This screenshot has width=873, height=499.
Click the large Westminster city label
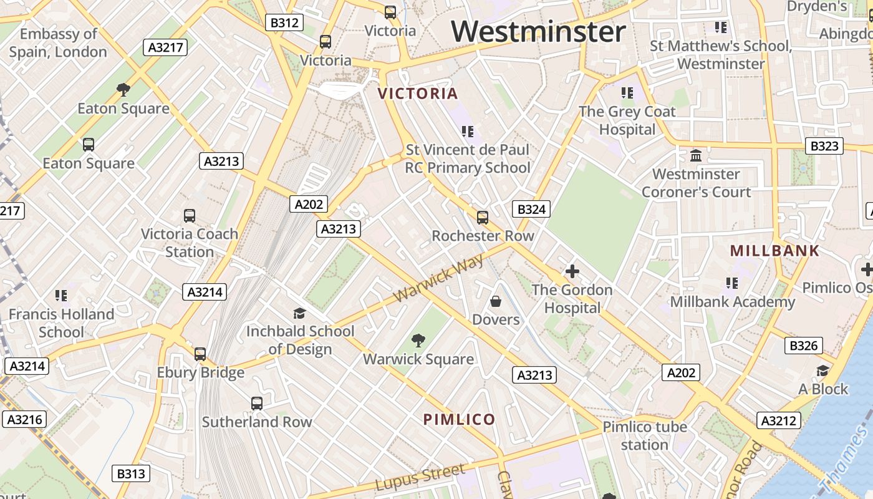coord(539,31)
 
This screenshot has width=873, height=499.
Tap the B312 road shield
coord(284,23)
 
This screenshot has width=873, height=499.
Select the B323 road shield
coord(824,147)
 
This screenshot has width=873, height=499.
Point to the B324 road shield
coord(531,209)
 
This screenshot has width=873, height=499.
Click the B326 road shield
coord(803,346)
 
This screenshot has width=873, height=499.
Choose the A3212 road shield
coord(778,420)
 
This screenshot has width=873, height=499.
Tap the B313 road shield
coord(131,473)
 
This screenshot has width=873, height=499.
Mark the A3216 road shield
coord(25,419)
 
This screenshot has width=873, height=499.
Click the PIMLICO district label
coord(460,419)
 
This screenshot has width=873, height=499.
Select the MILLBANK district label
coord(774,251)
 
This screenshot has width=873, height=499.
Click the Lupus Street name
coord(420,478)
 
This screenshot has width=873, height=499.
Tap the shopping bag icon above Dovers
coord(496,301)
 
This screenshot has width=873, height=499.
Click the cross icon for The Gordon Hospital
coord(572,271)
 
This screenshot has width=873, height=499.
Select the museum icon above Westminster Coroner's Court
coord(696,155)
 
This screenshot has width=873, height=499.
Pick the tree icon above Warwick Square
coord(418,341)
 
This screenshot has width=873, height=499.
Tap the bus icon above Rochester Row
coord(483,217)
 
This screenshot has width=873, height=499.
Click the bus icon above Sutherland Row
coord(256,403)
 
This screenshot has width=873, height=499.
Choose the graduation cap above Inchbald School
coord(300,312)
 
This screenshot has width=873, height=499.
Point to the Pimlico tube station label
coord(645,435)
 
